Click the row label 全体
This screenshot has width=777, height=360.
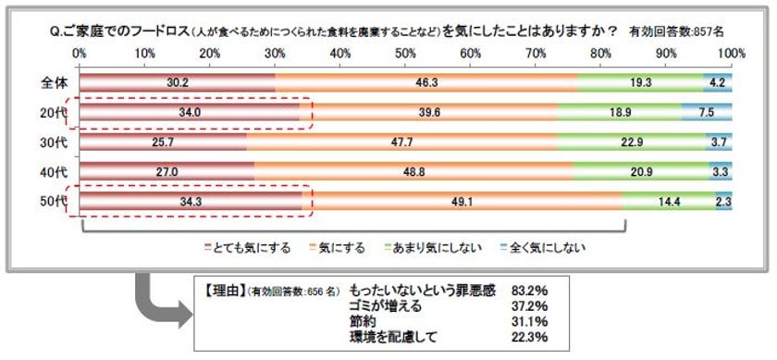tap(51, 83)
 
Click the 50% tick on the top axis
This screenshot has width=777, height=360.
tap(405, 54)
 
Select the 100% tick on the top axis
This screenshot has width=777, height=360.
tap(730, 54)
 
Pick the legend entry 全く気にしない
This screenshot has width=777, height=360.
tap(547, 247)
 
